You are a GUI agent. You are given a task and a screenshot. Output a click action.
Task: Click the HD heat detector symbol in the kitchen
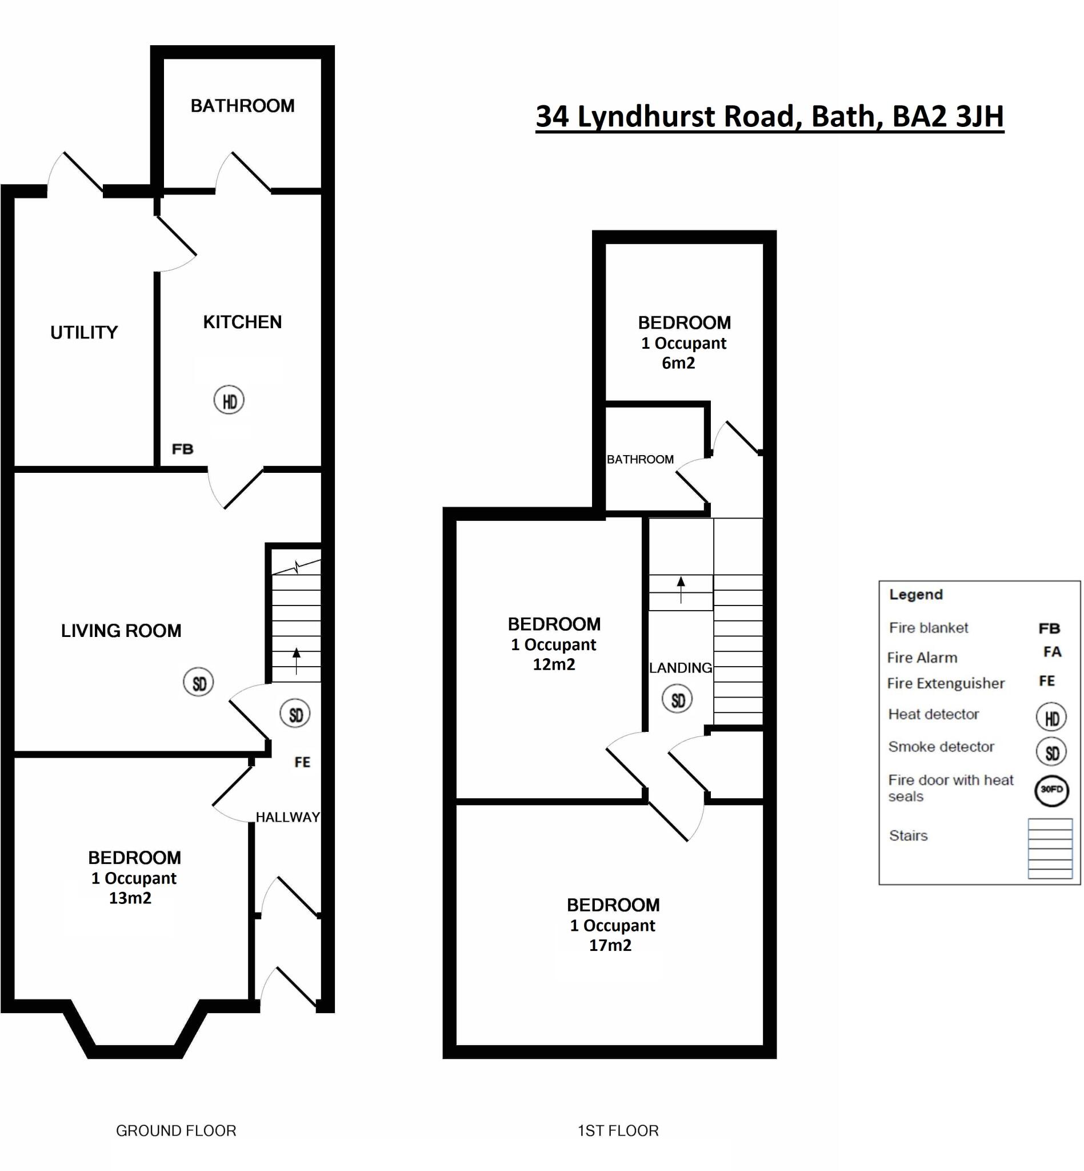[229, 400]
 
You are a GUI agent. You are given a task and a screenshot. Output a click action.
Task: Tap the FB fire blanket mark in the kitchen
[182, 449]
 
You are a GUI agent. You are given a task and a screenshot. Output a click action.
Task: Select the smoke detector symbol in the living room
[198, 683]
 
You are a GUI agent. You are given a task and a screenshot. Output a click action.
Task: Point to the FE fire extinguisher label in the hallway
[302, 762]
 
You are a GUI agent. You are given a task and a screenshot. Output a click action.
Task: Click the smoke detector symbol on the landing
[678, 700]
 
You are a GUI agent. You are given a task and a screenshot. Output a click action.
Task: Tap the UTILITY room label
[84, 333]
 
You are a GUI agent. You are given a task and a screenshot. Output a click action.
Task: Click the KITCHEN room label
[242, 322]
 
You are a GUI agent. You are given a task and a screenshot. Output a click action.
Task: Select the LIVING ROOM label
[121, 631]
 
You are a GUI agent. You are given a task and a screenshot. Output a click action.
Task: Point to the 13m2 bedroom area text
[130, 898]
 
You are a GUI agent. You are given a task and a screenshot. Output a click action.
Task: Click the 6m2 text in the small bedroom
[679, 363]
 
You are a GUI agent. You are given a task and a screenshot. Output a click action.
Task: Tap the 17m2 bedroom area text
[610, 945]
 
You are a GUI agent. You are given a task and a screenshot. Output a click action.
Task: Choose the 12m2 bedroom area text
[554, 664]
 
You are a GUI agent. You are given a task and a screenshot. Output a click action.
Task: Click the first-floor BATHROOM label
[640, 460]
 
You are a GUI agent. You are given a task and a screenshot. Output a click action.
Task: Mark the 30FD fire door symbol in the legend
[1051, 790]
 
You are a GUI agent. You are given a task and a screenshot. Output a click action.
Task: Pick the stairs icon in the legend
[1050, 849]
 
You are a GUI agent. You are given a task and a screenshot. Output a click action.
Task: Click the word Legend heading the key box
[915, 595]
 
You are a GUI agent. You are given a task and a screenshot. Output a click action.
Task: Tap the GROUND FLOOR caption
[176, 1130]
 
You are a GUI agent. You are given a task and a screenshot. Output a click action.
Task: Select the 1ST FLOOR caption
[618, 1130]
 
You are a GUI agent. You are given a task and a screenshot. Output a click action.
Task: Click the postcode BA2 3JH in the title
[948, 116]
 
